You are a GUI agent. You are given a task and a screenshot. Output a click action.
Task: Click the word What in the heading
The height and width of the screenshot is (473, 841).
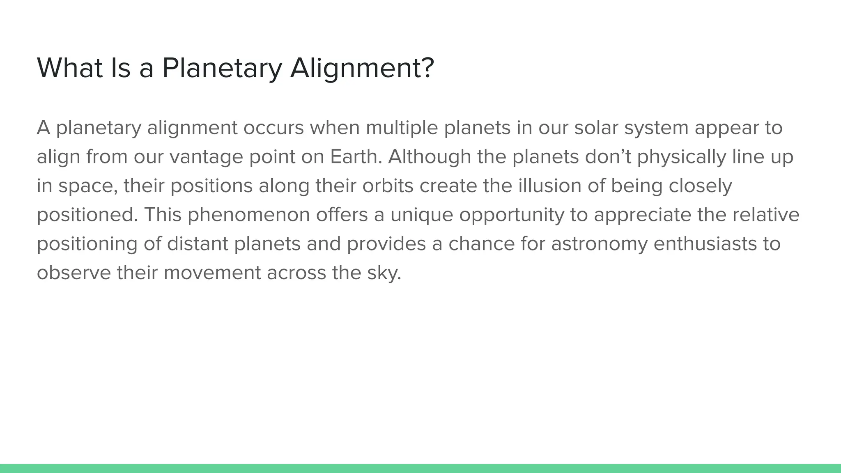click(70, 68)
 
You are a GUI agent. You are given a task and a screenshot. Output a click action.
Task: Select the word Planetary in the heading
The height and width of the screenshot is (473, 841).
click(222, 68)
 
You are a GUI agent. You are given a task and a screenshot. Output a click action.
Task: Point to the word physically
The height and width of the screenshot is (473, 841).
click(681, 157)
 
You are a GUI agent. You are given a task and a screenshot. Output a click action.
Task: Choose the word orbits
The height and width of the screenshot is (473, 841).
click(388, 186)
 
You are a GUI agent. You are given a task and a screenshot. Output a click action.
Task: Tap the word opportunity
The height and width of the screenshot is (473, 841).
click(511, 215)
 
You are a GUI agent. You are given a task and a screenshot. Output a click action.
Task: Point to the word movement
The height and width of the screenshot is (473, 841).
click(212, 273)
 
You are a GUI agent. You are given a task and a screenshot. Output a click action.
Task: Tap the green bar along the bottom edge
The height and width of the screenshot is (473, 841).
click(420, 468)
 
